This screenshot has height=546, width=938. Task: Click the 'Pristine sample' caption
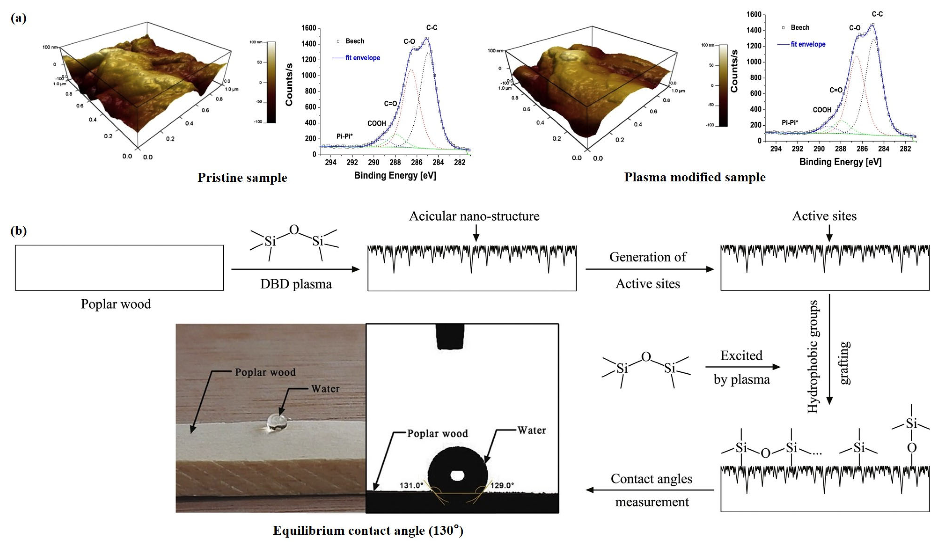tap(242, 178)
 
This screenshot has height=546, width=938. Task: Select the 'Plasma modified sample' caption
tap(695, 177)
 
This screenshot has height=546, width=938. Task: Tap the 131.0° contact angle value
tap(411, 486)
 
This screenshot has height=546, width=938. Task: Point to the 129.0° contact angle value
tap(502, 486)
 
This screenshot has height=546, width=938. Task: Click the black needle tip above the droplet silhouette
tap(450, 337)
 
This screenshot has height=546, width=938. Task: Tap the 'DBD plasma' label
tap(296, 284)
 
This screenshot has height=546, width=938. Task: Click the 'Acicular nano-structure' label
tap(474, 216)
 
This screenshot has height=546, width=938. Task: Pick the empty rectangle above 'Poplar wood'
tap(119, 268)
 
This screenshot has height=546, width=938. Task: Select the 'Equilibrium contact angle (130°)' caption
tap(368, 530)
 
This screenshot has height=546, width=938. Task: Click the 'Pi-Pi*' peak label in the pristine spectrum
tap(344, 136)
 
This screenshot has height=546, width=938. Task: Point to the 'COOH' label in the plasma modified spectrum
tap(822, 110)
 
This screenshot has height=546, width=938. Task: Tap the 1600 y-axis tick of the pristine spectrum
tap(309, 28)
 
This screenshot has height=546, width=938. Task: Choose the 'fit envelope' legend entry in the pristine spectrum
tap(362, 58)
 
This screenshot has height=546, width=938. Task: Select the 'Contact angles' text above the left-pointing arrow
tap(651, 479)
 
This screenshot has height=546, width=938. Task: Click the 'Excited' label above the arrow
tap(741, 356)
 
